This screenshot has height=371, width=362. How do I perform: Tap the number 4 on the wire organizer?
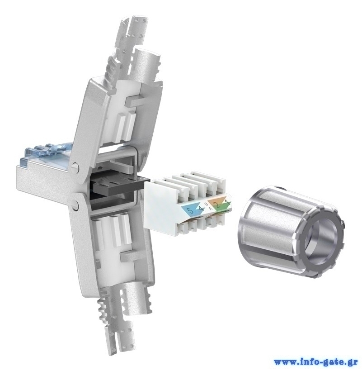tap(201, 208)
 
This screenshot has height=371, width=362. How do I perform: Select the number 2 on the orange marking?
tap(218, 205)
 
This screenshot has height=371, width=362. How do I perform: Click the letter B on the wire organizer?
tap(206, 203)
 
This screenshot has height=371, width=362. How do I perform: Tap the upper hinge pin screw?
tap(75, 166)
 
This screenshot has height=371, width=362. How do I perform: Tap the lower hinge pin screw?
tap(75, 205)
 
